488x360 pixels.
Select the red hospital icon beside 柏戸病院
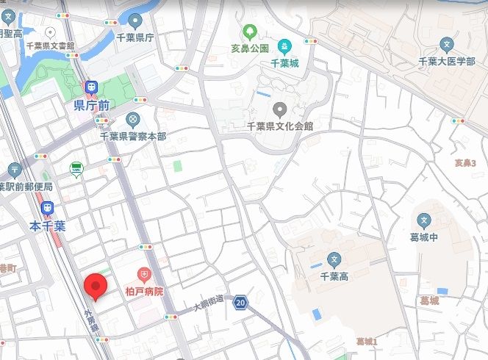point(145,276)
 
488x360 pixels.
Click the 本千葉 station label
point(48,226)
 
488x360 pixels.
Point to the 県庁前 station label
point(92,106)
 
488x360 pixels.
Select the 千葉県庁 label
point(135,37)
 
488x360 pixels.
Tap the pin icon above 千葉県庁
point(135,21)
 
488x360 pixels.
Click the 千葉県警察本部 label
point(133,136)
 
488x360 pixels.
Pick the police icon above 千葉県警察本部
point(132,119)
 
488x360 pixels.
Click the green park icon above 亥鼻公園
point(249,32)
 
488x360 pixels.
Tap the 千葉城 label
point(284,63)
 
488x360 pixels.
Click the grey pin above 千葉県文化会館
point(280,109)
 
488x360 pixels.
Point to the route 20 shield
point(241,301)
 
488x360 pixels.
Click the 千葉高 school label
point(334,276)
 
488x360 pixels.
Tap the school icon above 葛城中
point(423,220)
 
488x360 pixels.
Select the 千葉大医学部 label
point(446,61)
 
